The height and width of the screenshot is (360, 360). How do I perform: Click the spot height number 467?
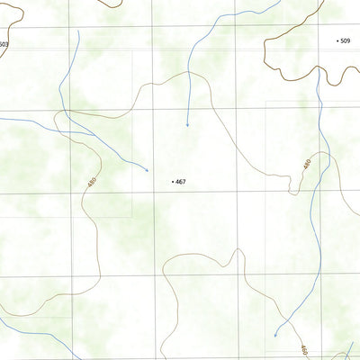point(181,182)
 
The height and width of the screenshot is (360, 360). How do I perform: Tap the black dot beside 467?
point(172,182)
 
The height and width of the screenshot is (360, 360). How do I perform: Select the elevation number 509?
point(346,40)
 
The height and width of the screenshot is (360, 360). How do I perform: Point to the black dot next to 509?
point(337,40)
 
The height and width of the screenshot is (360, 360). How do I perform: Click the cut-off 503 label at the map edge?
point(4,44)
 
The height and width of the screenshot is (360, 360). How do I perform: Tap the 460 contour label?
point(304,349)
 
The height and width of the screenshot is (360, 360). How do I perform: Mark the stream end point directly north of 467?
point(187,125)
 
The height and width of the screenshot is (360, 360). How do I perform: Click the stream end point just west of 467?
point(148,170)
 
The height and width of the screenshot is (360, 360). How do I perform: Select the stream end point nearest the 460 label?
point(274,335)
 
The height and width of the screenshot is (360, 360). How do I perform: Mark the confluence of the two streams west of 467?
point(60,114)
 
